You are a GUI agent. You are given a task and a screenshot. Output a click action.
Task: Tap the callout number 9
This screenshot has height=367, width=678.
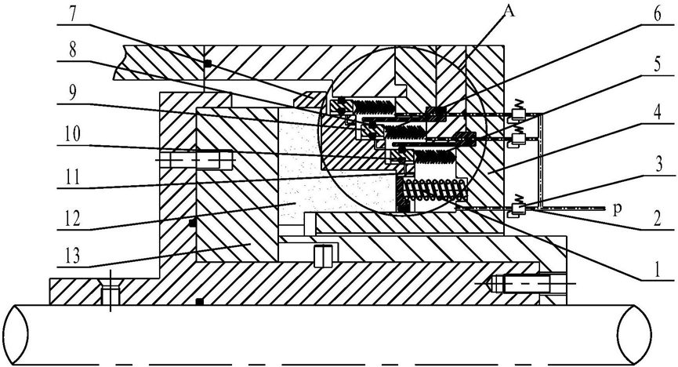pyautogui.click(x=73, y=93)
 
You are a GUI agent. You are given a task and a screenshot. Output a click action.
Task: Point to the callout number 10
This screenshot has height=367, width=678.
pyautogui.click(x=73, y=134)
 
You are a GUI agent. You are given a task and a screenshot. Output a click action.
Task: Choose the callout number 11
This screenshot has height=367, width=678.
pyautogui.click(x=73, y=176)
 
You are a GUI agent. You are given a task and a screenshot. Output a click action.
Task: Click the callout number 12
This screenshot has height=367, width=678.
pyautogui.click(x=73, y=217)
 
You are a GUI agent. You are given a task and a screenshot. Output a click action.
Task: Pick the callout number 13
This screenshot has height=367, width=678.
pyautogui.click(x=73, y=255)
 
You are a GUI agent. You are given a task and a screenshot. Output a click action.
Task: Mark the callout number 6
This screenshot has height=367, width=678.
pyautogui.click(x=657, y=14)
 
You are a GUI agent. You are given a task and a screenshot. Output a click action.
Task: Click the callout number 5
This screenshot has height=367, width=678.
pyautogui.click(x=657, y=65)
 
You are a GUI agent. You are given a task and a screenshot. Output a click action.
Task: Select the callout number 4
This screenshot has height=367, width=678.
pyautogui.click(x=657, y=114)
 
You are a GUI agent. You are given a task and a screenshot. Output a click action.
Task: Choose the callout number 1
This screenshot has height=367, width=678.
pyautogui.click(x=657, y=270)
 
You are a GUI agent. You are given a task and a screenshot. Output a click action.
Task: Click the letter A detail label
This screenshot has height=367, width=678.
pyautogui.click(x=510, y=11)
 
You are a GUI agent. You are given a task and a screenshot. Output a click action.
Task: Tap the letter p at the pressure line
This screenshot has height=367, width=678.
pyautogui.click(x=618, y=209)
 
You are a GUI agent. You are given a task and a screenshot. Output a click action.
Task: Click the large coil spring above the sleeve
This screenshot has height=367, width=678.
pyautogui.click(x=434, y=190)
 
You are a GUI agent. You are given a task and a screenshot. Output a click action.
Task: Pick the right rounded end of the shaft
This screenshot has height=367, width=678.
pyautogui.click(x=635, y=334)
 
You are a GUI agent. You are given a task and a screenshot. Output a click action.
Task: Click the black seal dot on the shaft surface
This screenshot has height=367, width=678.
pyautogui.click(x=199, y=301)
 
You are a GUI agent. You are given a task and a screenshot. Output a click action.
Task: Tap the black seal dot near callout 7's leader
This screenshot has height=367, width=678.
pyautogui.click(x=208, y=64)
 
